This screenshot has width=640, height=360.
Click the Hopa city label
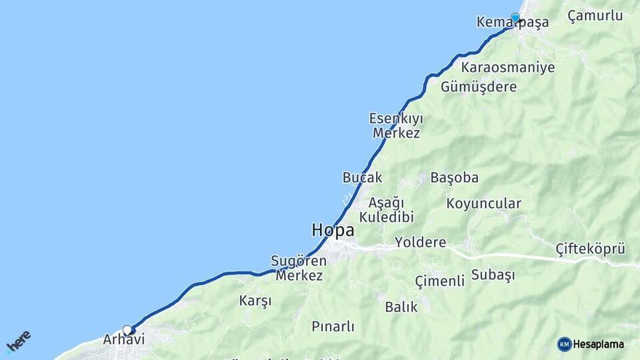pyautogui.click(x=333, y=230)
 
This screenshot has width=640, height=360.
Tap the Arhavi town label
pyautogui.click(x=123, y=339)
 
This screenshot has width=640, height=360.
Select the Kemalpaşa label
pyautogui.click(x=513, y=23)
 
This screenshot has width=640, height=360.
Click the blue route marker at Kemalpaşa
pyautogui.click(x=515, y=17)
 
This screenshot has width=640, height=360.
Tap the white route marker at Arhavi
pyautogui.click(x=127, y=329)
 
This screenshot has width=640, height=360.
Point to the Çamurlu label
pyautogui.click(x=595, y=16)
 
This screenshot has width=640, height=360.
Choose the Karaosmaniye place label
pyautogui.click(x=507, y=67)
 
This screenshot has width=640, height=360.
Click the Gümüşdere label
pyautogui.click(x=479, y=87)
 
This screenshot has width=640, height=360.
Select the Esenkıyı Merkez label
pyautogui.click(x=396, y=125)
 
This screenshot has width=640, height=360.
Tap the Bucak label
pyautogui.click(x=362, y=177)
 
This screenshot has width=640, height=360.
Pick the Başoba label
pyautogui.click(x=454, y=177)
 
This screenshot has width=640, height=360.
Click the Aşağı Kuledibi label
pyautogui.click(x=387, y=209)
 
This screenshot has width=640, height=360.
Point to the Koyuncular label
pyautogui.click(x=483, y=203)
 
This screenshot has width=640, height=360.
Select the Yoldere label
pyautogui.click(x=420, y=242)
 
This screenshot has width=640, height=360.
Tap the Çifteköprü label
pyautogui.click(x=590, y=249)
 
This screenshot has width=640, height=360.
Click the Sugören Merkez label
pyautogui.click(x=299, y=267)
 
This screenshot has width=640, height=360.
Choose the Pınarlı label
pyautogui.click(x=333, y=327)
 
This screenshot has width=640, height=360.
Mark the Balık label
pyautogui.click(x=401, y=307)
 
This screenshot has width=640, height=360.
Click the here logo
pyautogui.click(x=18, y=341)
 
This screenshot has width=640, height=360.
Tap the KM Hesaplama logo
pyautogui.click(x=591, y=344)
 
